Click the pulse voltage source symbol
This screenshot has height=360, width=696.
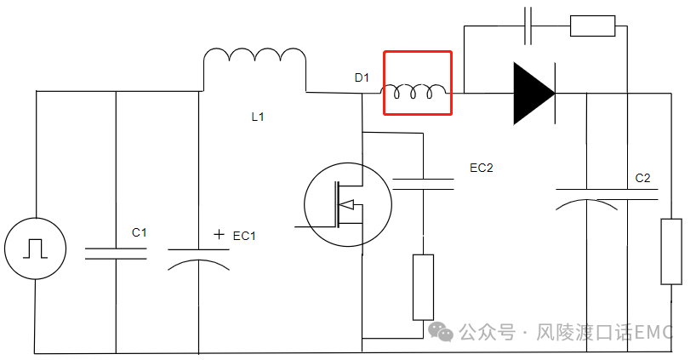pyautogui.click(x=35, y=248)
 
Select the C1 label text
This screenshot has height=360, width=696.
pyautogui.click(x=140, y=232)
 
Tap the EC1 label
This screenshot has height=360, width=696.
pyautogui.click(x=244, y=236)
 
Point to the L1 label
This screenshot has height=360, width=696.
pyautogui.click(x=258, y=117)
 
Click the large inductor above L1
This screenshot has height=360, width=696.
pyautogui.click(x=254, y=65)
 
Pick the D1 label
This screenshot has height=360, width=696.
pyautogui.click(x=362, y=78)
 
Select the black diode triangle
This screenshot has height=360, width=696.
pyautogui.click(x=533, y=92)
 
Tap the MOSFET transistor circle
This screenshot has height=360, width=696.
pyautogui.click(x=347, y=204)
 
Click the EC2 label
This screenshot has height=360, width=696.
pyautogui.click(x=482, y=168)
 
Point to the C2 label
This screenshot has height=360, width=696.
pyautogui.click(x=643, y=179)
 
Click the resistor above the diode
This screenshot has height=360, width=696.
pyautogui.click(x=592, y=26)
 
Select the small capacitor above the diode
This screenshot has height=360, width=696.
pyautogui.click(x=528, y=26)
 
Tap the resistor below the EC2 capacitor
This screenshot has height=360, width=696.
pyautogui.click(x=423, y=287)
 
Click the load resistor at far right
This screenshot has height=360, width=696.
pyautogui.click(x=671, y=252)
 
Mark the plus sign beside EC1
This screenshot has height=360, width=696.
pyautogui.click(x=220, y=234)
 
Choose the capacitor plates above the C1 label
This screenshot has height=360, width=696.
pyautogui.click(x=115, y=253)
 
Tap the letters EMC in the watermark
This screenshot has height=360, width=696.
pyautogui.click(x=654, y=332)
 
